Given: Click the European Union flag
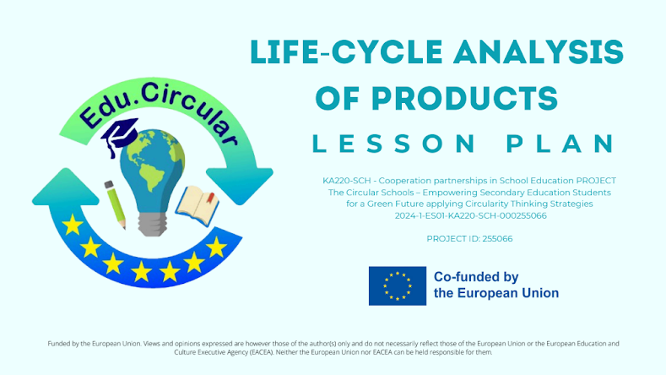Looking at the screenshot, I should [x=397, y=285].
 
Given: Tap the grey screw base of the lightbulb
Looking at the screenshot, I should [x=155, y=221].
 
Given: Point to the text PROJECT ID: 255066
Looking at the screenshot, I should [x=470, y=239].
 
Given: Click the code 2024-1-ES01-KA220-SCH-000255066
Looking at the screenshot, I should [x=470, y=215].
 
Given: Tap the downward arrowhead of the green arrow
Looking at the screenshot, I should [x=239, y=182].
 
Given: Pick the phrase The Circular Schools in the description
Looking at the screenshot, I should [x=365, y=192].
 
